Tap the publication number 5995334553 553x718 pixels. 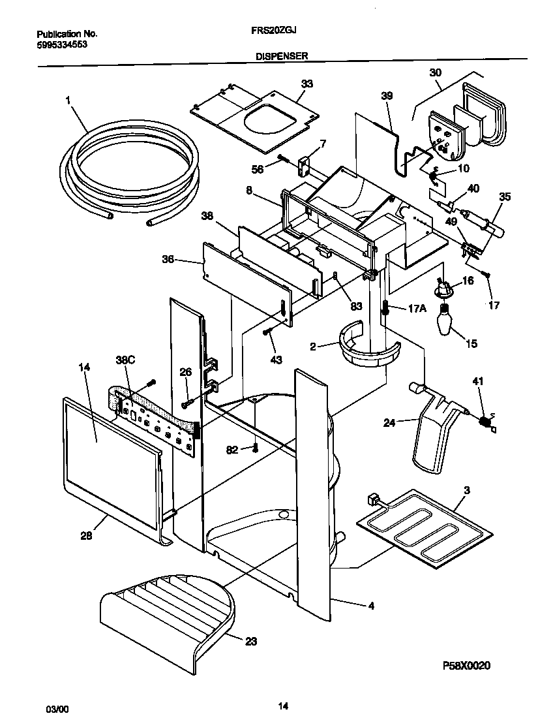[62, 44]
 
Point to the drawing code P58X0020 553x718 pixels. [466, 665]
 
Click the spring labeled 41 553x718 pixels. [484, 422]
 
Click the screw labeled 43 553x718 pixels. [267, 332]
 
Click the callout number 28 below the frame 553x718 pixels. [86, 535]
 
